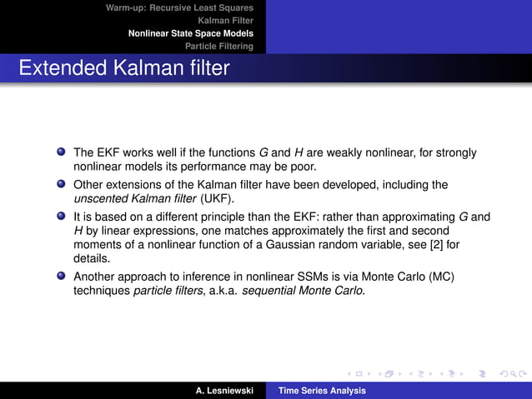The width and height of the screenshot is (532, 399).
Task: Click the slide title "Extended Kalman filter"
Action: [x=123, y=68]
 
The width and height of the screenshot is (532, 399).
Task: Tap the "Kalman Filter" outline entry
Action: [x=225, y=20]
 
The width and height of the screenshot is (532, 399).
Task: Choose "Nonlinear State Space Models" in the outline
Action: [x=190, y=33]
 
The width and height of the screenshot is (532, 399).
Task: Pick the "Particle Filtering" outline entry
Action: [x=218, y=47]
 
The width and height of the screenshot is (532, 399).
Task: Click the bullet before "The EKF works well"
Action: [x=62, y=153]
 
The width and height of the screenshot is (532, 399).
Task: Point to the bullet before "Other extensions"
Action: [x=62, y=184]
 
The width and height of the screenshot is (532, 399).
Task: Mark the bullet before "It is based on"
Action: [x=62, y=216]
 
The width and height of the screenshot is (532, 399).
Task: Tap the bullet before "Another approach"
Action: [x=62, y=276]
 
